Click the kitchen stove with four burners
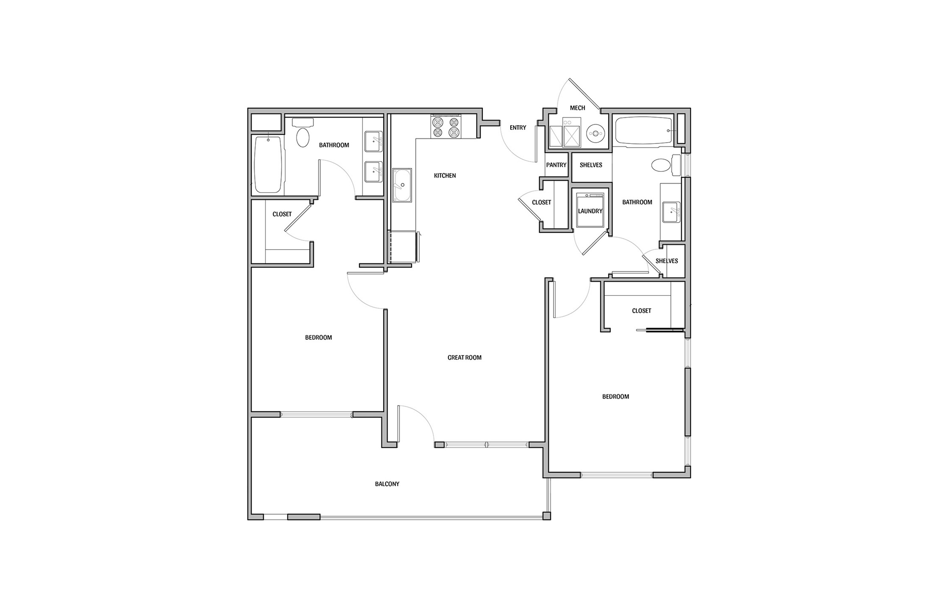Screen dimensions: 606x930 pyautogui.click(x=446, y=127)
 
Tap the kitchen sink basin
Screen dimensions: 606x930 pyautogui.click(x=401, y=185)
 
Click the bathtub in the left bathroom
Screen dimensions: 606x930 pyautogui.click(x=268, y=164)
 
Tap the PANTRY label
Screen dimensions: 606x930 pyautogui.click(x=556, y=165)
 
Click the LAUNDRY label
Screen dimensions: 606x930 pyautogui.click(x=590, y=211)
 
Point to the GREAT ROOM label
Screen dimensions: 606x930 pyautogui.click(x=464, y=358)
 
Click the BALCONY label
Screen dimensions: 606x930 pyautogui.click(x=387, y=484)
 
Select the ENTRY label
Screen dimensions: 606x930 pyautogui.click(x=518, y=128)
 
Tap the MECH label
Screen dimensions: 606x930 pyautogui.click(x=577, y=108)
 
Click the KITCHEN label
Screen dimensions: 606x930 pyautogui.click(x=445, y=176)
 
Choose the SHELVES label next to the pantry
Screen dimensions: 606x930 pyautogui.click(x=591, y=165)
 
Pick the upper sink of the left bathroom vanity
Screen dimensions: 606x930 pyautogui.click(x=373, y=141)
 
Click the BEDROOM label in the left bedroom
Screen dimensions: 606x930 pyautogui.click(x=318, y=338)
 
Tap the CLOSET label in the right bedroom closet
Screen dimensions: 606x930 pyautogui.click(x=641, y=311)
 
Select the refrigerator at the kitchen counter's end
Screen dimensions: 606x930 pyautogui.click(x=403, y=247)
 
